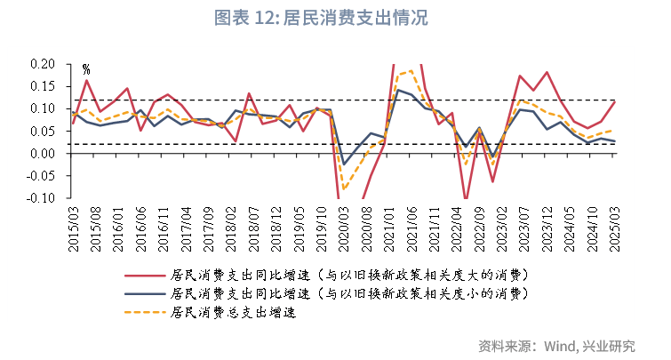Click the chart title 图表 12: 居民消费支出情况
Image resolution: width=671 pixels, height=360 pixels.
[335, 19]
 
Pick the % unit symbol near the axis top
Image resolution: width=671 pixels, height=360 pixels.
[86, 68]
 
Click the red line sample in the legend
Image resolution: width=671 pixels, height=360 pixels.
[143, 275]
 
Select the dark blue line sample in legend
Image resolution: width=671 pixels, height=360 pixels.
[143, 293]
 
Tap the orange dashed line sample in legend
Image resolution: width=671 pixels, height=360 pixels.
[143, 312]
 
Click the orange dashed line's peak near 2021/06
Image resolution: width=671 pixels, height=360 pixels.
[410, 70]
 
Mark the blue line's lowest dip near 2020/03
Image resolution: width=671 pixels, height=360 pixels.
[344, 164]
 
